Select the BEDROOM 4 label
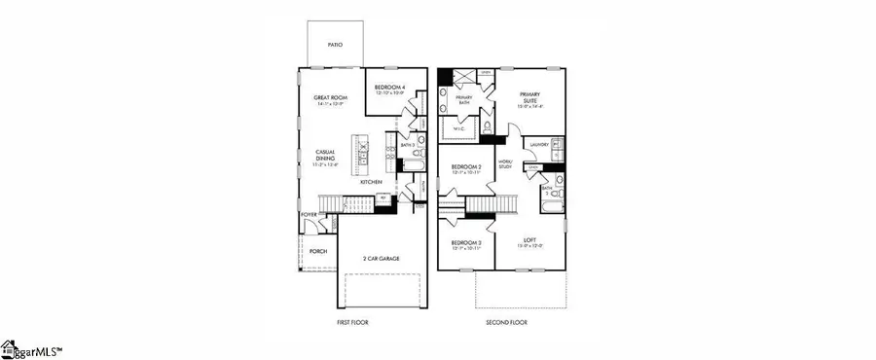[x=391, y=87]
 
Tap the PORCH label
[x=318, y=251]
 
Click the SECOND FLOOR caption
[x=506, y=321]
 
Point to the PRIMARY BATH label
[x=461, y=99]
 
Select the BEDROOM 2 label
[x=465, y=167]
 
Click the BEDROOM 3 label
[x=465, y=242]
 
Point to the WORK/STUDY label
[x=504, y=165]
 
